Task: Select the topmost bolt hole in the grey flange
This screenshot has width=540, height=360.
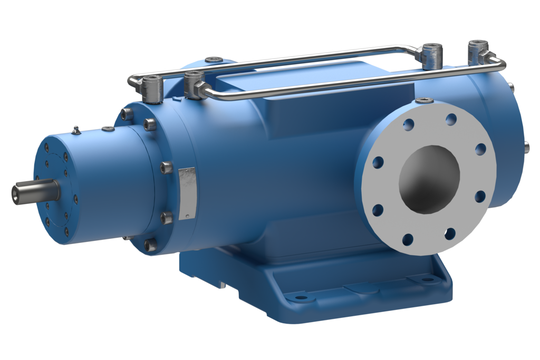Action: click(450, 119)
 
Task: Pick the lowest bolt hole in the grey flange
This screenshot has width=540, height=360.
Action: click(408, 240)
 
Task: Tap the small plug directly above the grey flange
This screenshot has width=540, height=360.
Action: click(424, 100)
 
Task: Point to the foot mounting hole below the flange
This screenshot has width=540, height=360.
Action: click(426, 278)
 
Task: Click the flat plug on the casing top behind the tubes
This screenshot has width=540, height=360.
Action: click(214, 60)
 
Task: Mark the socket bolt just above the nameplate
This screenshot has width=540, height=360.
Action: click(166, 168)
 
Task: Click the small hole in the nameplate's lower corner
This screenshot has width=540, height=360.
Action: click(185, 216)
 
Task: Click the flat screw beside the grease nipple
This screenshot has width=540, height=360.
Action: click(109, 129)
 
